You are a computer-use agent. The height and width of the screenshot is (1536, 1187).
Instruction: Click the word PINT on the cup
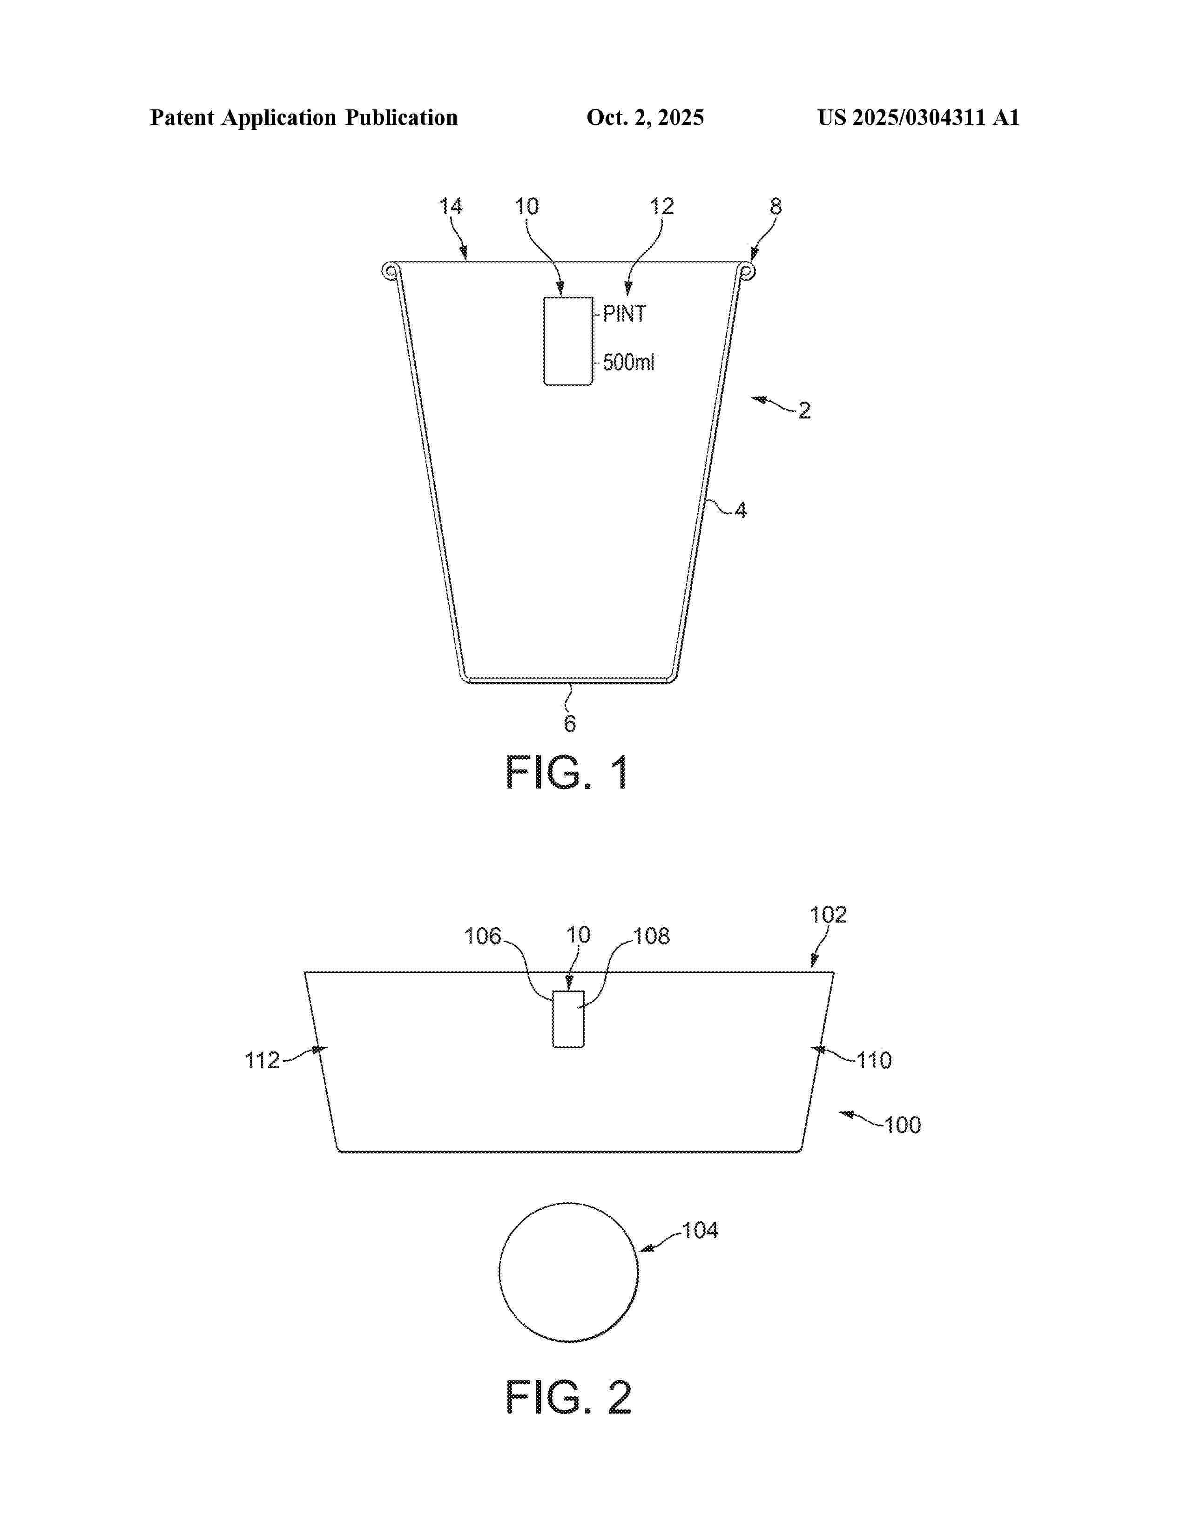(x=624, y=314)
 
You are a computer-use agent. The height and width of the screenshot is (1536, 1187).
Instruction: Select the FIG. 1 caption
(x=567, y=773)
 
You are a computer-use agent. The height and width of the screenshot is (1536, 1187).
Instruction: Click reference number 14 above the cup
(x=451, y=206)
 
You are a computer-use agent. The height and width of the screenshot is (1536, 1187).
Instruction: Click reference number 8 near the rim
(x=776, y=206)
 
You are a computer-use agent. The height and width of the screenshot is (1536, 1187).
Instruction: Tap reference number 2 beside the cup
(x=804, y=411)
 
